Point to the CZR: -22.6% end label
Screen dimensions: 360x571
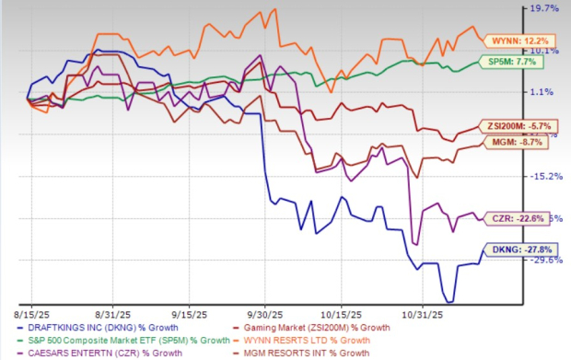pyautogui.click(x=514, y=218)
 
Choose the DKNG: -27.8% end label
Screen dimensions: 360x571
pyautogui.click(x=514, y=249)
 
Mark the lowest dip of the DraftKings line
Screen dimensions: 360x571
pyautogui.click(x=449, y=301)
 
